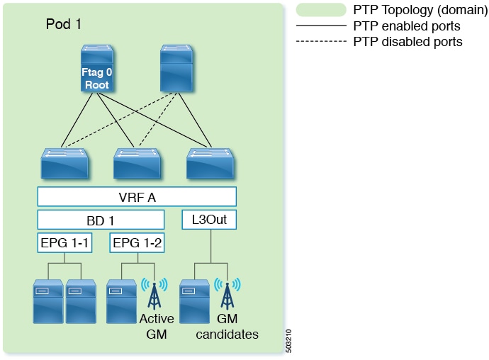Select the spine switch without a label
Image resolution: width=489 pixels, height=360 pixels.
(176, 69)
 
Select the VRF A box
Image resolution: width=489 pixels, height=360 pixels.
(136, 196)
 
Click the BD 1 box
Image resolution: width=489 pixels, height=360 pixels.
(101, 220)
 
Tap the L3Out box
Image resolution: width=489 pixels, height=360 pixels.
(209, 220)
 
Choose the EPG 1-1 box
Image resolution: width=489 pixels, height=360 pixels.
(64, 243)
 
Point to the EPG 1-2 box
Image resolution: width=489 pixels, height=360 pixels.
(137, 243)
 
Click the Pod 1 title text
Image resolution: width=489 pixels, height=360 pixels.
(64, 24)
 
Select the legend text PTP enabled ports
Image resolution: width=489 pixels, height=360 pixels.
(407, 26)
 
